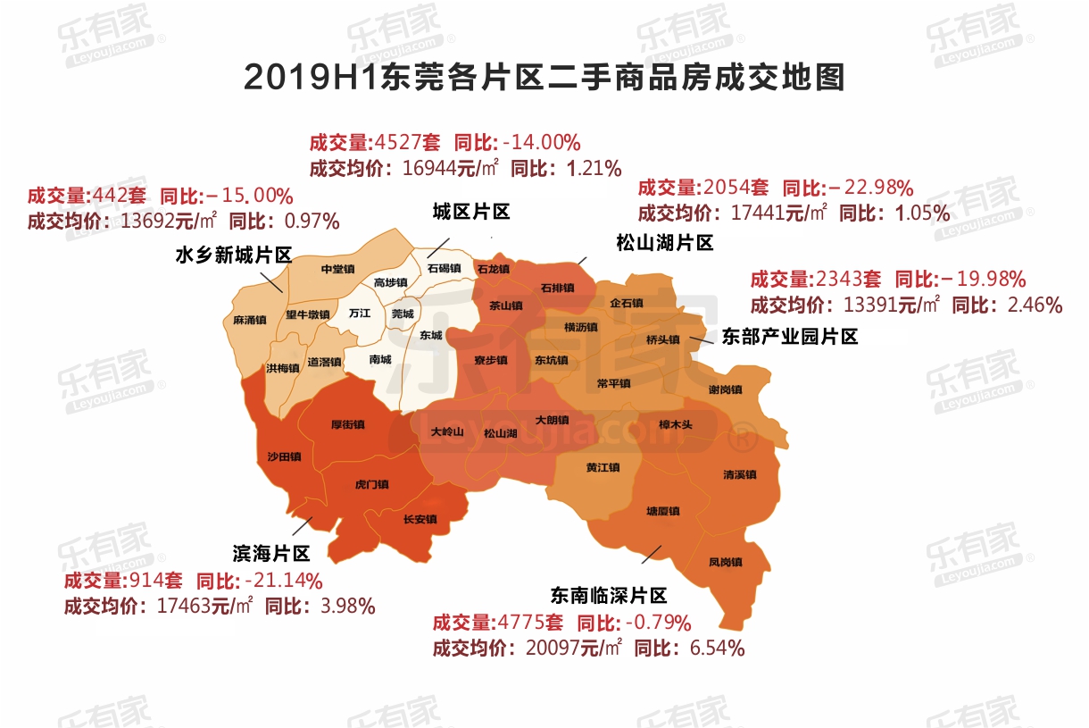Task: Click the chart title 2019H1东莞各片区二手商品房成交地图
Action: tap(544, 79)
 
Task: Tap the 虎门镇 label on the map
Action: tap(371, 484)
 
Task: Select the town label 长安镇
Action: tap(420, 519)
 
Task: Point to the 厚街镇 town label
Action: tap(347, 424)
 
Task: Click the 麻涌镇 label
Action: tap(249, 320)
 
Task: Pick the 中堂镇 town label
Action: tap(338, 268)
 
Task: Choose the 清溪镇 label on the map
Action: tap(739, 474)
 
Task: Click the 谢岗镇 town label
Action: tap(725, 389)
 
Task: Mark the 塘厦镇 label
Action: tap(662, 511)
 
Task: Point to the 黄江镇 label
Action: tap(603, 467)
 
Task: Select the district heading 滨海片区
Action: tap(270, 553)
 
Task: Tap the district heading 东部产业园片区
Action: tap(789, 337)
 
